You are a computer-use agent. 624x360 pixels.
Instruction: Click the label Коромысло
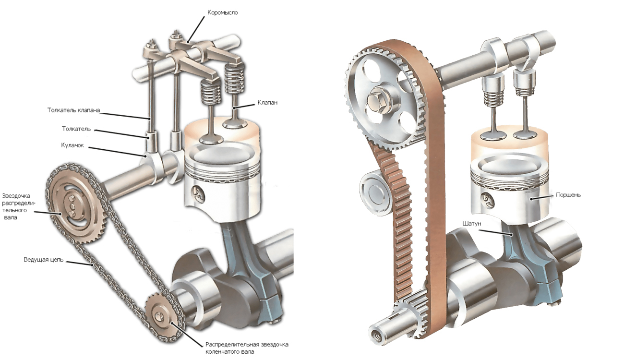coord(222,12)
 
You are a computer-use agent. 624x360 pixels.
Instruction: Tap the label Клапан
coord(267,102)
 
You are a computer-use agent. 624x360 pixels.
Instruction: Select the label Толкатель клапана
coord(73,110)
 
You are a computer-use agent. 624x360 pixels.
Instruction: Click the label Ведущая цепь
coord(43,260)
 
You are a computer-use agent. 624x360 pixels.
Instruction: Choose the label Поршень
coord(568,195)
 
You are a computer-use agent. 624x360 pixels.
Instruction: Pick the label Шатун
coord(471,224)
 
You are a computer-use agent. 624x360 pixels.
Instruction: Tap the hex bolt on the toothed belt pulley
coord(375,100)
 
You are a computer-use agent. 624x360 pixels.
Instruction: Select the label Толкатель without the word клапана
coord(76,129)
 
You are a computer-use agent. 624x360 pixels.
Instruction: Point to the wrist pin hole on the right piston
coord(486,200)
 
